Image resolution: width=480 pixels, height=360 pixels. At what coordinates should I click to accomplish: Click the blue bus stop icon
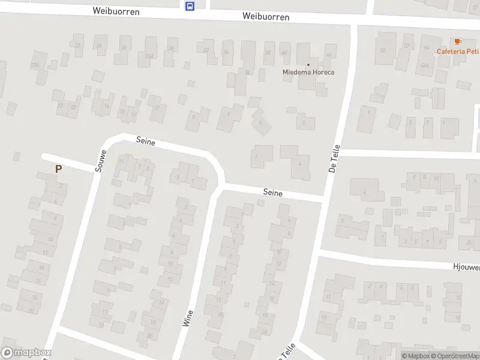click(190, 6)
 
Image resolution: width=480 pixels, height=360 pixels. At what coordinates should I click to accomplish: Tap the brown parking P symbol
click(58, 169)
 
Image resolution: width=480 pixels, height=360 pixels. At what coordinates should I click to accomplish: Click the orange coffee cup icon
click(458, 41)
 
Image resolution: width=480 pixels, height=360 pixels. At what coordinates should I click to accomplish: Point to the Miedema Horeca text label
click(308, 73)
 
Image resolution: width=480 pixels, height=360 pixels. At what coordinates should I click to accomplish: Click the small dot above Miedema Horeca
click(308, 65)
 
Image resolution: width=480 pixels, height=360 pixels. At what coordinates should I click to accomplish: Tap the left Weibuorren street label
click(116, 11)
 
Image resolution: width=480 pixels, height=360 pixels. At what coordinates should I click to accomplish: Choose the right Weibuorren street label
click(266, 17)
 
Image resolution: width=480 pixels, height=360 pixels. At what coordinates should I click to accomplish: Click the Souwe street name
click(100, 161)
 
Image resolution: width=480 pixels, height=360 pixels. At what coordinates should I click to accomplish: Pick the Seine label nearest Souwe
click(146, 142)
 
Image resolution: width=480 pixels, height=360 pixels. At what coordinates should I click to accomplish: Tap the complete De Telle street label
click(335, 158)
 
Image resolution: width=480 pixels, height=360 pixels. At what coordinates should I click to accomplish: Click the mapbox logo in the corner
click(26, 353)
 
